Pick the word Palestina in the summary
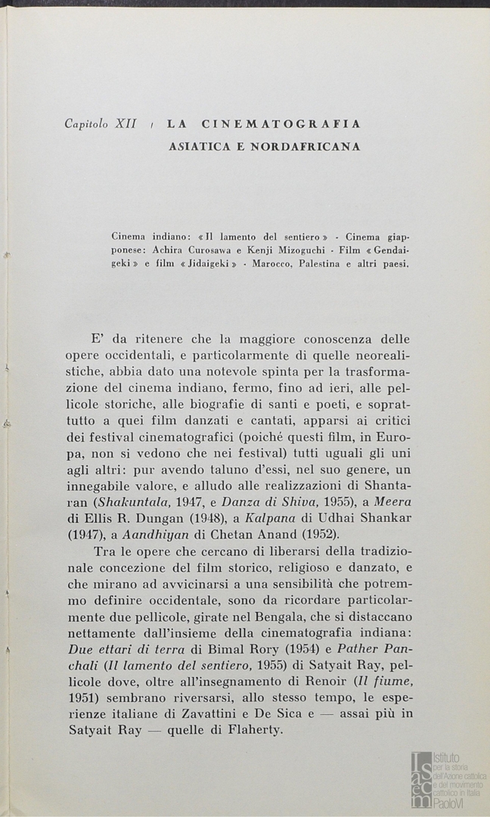[328, 263]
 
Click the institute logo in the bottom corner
[447, 779]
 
